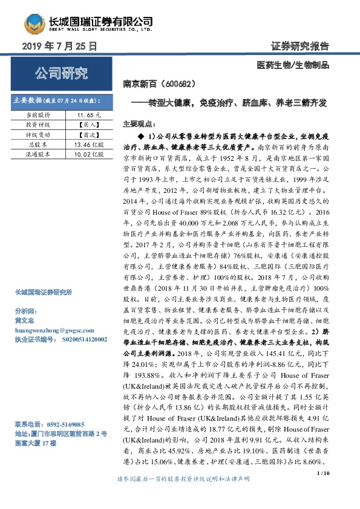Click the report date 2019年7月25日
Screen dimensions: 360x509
point(59,46)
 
